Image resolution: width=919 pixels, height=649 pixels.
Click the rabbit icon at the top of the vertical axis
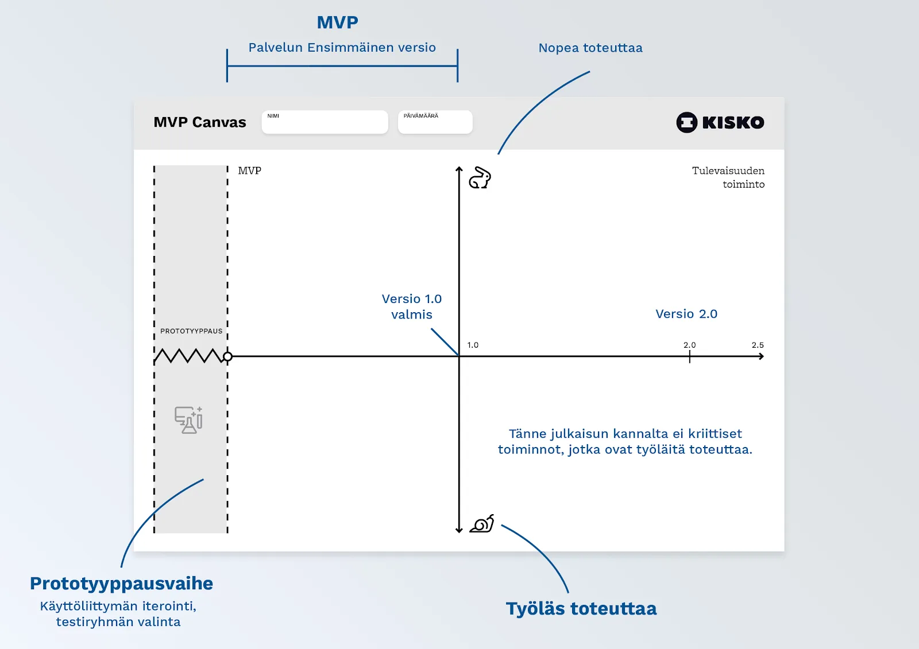tap(480, 178)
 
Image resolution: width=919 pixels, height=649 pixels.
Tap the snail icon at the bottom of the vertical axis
tap(482, 524)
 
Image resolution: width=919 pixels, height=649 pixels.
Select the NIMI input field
tap(325, 122)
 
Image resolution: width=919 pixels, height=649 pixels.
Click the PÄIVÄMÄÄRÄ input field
tap(435, 122)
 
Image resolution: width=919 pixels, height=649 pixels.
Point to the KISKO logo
tap(720, 122)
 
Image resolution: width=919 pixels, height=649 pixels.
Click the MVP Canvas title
tap(200, 122)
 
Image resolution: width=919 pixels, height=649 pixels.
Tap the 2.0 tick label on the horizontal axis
tap(689, 345)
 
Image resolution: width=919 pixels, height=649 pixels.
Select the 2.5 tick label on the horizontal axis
tap(758, 345)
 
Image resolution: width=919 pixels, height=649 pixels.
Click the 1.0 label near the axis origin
tap(473, 345)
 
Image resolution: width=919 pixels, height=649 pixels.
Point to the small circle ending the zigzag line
tap(227, 356)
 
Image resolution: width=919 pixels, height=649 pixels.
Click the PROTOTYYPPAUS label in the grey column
tap(191, 331)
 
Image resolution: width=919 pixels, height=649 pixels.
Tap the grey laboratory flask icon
tap(188, 420)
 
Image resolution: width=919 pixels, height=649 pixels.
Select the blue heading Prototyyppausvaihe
tap(121, 583)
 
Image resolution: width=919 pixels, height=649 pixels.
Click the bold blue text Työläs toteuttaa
tap(581, 608)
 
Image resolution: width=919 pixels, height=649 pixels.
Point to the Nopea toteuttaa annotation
tap(590, 48)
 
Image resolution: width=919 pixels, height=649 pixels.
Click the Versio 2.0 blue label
tap(686, 314)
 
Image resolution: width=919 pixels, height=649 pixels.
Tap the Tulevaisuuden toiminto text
tap(728, 177)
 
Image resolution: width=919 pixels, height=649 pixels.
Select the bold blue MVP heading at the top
tap(338, 22)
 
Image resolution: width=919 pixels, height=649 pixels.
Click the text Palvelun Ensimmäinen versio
tap(342, 48)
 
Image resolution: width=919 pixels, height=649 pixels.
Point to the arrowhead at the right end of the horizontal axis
tap(761, 356)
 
